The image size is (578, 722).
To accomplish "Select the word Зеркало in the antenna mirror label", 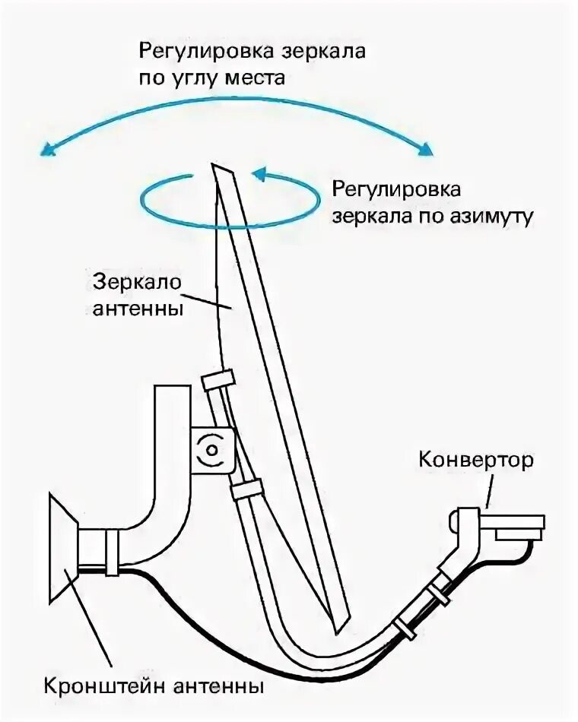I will [x=137, y=281].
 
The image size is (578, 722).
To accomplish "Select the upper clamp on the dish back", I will [x=218, y=379].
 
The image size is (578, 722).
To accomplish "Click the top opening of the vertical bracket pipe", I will [x=171, y=388].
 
